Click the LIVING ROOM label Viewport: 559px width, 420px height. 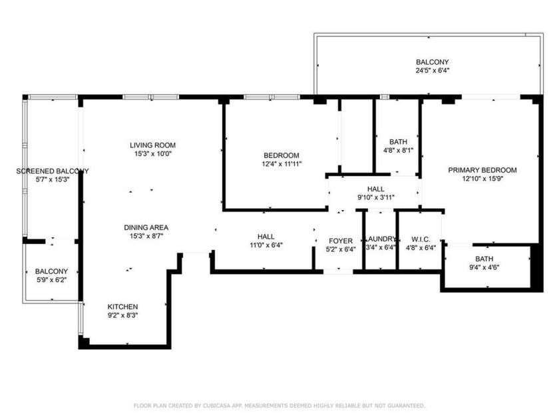coord(152,145)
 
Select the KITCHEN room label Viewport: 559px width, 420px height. coord(123,307)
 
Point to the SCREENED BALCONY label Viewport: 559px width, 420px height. coord(52,171)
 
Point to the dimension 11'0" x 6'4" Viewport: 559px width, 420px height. coord(266,245)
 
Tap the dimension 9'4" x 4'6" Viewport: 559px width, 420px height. coord(484,268)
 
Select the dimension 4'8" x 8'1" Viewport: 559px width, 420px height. coord(398,151)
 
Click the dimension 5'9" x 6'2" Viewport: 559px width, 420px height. coord(51,281)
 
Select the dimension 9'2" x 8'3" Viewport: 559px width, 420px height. coord(123,315)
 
